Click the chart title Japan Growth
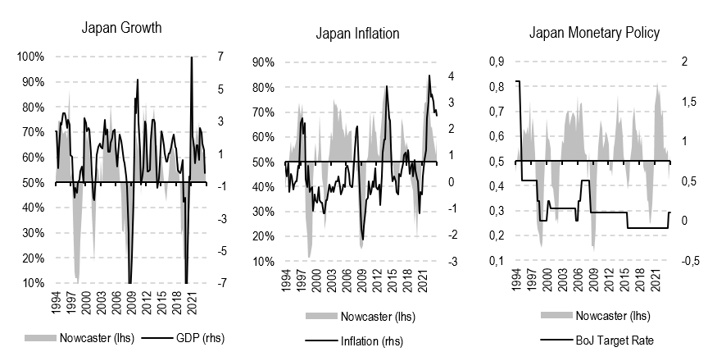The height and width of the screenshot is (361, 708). click(121, 28)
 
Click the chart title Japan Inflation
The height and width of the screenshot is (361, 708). click(357, 34)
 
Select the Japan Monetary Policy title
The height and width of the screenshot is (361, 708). click(594, 34)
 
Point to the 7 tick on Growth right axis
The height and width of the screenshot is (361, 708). click(220, 57)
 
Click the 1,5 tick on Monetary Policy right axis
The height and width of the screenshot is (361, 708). click(690, 102)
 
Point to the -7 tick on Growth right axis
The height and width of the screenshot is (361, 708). click(218, 283)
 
